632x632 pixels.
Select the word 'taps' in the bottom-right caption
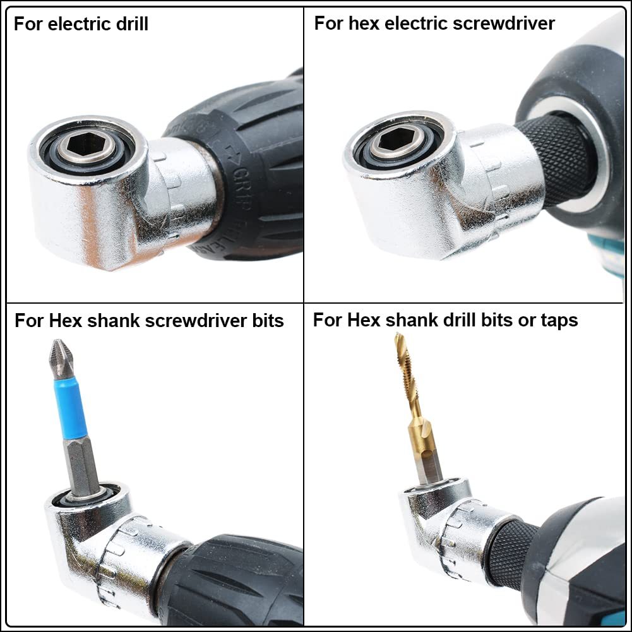coord(558,320)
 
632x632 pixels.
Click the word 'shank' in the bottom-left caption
coord(112,321)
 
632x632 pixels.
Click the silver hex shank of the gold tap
coord(428,464)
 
